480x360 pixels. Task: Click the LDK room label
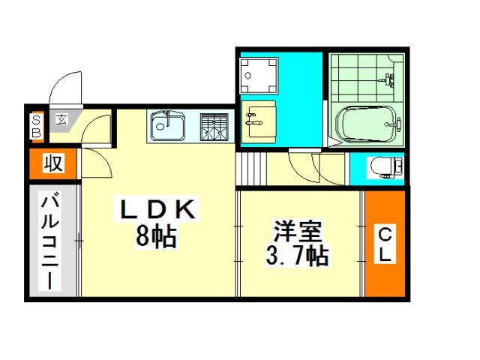tap(157, 209)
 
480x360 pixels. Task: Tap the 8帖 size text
tap(156, 237)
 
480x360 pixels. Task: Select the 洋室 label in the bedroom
tap(298, 231)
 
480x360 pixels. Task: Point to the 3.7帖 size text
tap(297, 256)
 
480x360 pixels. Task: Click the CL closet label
tap(385, 244)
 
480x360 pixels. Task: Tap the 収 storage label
tap(53, 163)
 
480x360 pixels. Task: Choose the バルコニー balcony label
tap(49, 241)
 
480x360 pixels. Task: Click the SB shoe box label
tap(37, 127)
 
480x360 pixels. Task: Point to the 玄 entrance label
tap(61, 120)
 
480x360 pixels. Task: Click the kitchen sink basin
tap(168, 125)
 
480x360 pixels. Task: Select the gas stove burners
tap(214, 127)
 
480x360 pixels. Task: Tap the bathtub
tap(366, 124)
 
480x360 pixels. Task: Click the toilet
tap(387, 167)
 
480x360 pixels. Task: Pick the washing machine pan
tap(259, 75)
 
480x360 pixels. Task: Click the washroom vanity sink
tap(258, 121)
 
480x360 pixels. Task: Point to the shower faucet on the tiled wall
tap(388, 79)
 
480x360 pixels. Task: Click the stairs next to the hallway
tap(251, 169)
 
